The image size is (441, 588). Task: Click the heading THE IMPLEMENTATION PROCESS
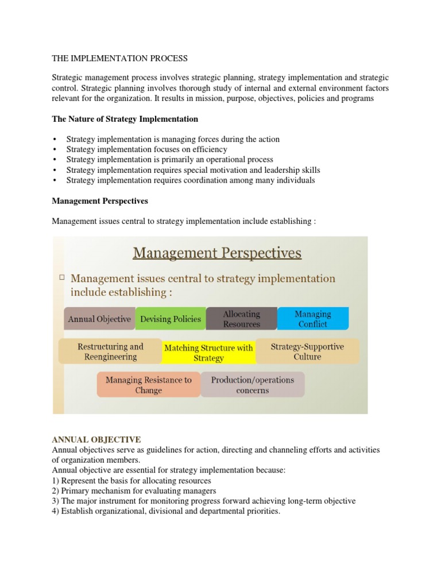(x=119, y=58)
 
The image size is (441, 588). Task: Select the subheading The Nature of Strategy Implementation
(x=125, y=119)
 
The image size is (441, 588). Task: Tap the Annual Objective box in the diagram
(x=99, y=319)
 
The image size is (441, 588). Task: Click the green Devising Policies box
(x=171, y=319)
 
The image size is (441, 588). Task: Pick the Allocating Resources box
(x=241, y=319)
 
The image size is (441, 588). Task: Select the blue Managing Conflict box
(x=312, y=319)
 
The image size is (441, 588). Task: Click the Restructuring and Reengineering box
(x=110, y=351)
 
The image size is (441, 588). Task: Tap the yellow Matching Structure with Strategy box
(x=208, y=353)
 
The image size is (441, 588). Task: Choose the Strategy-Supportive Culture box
(x=307, y=351)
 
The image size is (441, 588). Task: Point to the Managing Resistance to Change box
(x=148, y=385)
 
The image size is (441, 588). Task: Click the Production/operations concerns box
(x=252, y=385)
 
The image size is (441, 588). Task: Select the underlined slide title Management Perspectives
(x=217, y=253)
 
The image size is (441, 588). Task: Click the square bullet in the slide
(x=61, y=277)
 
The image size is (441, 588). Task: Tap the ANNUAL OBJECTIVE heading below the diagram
(x=96, y=439)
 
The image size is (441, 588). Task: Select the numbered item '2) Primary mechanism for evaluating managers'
(x=134, y=490)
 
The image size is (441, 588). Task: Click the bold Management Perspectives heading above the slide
(x=100, y=201)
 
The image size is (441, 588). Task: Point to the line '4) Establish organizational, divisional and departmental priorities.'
(x=166, y=511)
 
